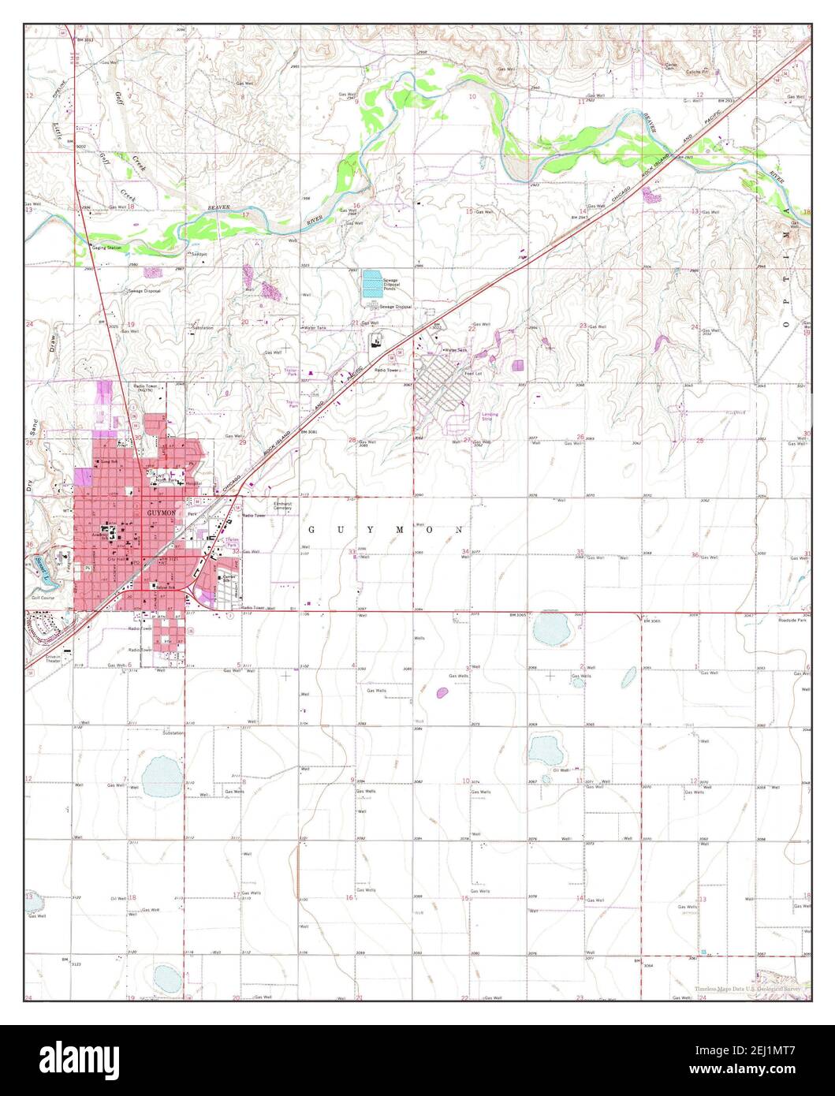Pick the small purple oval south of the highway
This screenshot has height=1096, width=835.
pyautogui.click(x=442, y=693)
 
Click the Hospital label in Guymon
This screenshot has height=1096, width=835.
pyautogui.click(x=193, y=483)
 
